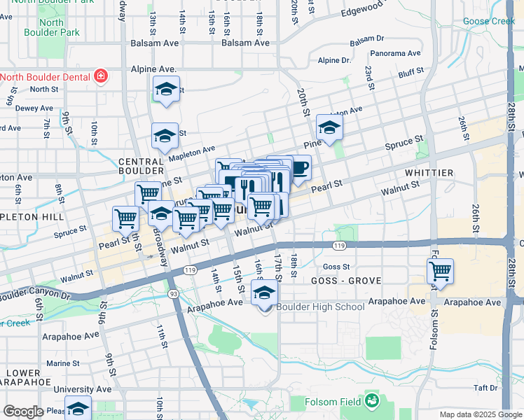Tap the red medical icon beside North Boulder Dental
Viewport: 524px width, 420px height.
(x=101, y=76)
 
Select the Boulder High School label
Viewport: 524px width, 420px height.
(x=320, y=307)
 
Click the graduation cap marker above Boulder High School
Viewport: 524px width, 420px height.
(x=265, y=293)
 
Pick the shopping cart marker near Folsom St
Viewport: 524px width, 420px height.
(x=440, y=271)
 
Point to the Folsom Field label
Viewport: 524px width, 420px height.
(x=332, y=402)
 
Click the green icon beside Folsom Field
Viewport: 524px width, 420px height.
(x=371, y=401)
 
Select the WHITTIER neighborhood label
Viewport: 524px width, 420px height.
(x=429, y=173)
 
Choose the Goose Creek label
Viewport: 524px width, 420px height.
(x=488, y=22)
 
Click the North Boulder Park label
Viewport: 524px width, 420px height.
(x=51, y=27)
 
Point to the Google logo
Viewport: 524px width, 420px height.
(x=23, y=412)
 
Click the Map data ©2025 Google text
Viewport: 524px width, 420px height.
(x=480, y=414)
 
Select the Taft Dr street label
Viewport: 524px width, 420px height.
(x=485, y=387)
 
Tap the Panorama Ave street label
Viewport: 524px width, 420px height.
(x=395, y=53)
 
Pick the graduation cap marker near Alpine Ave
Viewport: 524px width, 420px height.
(x=166, y=90)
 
